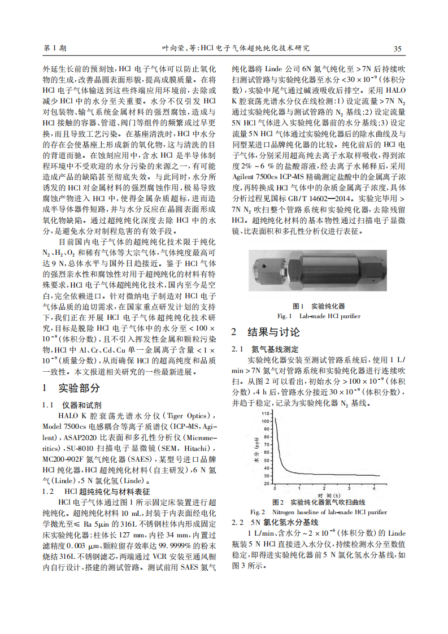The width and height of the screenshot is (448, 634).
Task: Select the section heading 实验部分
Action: coord(79,388)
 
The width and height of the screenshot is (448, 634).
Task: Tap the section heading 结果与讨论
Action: coord(273,332)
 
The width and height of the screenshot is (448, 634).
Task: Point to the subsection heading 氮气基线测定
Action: coord(275,349)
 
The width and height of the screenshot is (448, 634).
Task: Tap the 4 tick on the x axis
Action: coord(374,488)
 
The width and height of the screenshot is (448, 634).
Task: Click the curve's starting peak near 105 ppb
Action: coord(275,418)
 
